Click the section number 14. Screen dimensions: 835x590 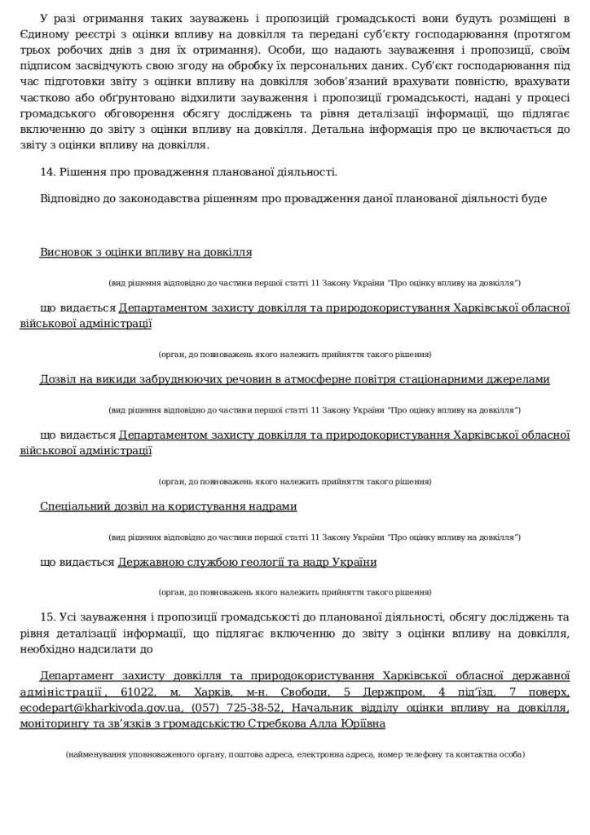click(46, 172)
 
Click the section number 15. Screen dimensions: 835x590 click(46, 619)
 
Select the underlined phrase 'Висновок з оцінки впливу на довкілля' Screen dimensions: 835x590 click(146, 253)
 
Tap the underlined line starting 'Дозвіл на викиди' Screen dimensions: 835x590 click(294, 380)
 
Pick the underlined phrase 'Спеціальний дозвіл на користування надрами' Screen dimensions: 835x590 click(168, 507)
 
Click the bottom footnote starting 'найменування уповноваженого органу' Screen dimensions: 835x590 click(295, 755)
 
